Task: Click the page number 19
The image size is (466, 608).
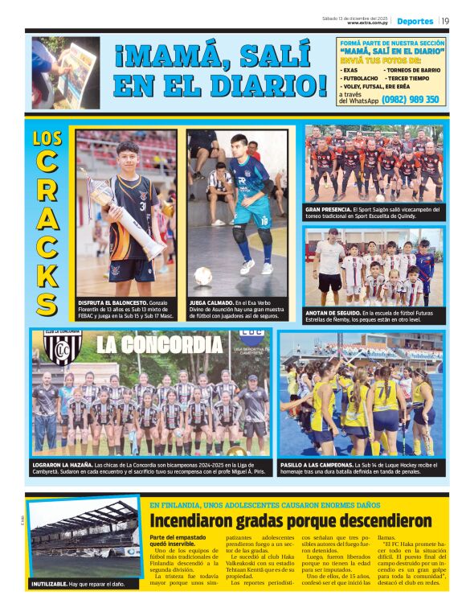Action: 445,21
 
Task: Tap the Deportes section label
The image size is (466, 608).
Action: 415,21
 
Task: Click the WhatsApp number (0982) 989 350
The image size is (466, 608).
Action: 411,100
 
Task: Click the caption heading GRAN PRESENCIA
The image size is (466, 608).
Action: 327,209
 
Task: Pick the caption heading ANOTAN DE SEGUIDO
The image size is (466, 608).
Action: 332,312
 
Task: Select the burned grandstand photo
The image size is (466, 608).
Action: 84,538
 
